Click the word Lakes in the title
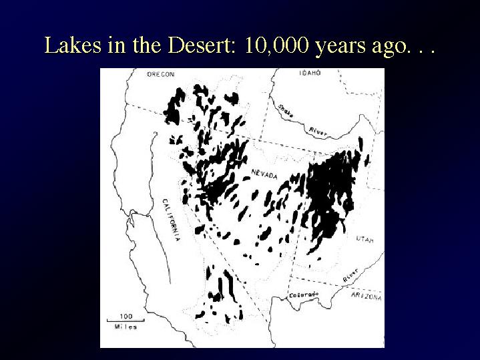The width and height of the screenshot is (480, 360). pos(73,45)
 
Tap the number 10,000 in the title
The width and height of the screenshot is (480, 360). pos(276,45)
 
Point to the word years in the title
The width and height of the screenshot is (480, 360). pos(340,47)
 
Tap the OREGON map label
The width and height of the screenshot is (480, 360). pos(161,74)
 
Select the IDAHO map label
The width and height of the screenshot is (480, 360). pos(310,73)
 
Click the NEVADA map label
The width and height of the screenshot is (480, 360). pos(264,174)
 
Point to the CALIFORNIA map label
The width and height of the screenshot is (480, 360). pos(171,220)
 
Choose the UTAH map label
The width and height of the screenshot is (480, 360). pos(365,239)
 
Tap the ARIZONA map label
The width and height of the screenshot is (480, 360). pos(367,296)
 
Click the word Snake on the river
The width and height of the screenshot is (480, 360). pos(286,111)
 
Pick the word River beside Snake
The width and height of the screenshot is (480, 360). pos(318,131)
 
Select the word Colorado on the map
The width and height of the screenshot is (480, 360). pos(304,295)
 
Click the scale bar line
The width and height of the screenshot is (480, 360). pos(126,321)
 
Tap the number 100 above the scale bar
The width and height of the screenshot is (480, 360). pos(126,316)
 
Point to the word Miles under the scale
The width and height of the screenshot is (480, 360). pos(126,327)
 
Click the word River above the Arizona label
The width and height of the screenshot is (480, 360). pos(350,275)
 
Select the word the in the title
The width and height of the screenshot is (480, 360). pos(147,45)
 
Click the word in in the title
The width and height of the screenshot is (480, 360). pos(116,45)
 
